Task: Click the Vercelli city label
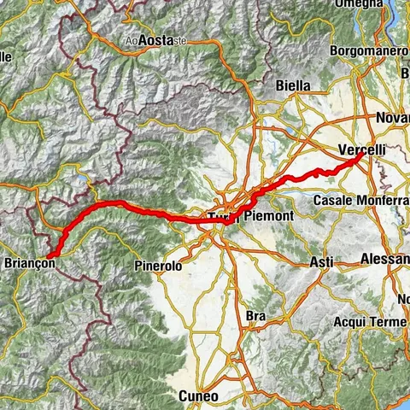click(362, 150)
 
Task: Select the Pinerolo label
click(158, 266)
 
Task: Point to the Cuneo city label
click(198, 396)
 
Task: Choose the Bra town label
click(255, 316)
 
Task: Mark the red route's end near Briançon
click(49, 255)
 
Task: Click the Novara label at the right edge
click(392, 115)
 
